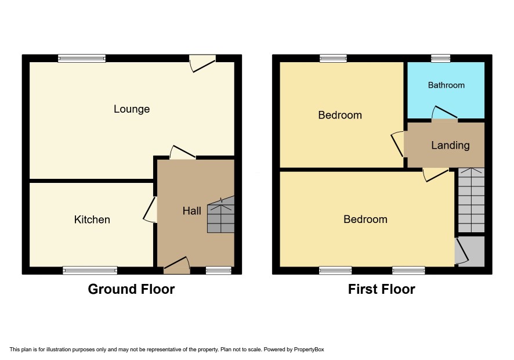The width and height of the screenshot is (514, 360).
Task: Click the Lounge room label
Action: [132, 109]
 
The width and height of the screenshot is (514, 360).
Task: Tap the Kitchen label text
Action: [92, 219]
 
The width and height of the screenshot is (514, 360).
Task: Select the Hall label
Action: [192, 211]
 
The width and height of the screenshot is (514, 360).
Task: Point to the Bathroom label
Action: [446, 85]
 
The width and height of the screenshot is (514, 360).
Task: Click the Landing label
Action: [450, 145]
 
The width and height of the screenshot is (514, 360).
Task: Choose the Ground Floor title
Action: [131, 289]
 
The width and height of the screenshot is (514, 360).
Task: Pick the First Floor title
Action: [382, 289]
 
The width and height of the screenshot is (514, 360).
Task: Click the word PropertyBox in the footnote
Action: [309, 350]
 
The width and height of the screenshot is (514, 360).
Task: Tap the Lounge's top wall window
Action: [82, 59]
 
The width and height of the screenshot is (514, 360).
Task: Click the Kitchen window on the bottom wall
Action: [90, 271]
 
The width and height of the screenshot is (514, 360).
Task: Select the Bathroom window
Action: [441, 59]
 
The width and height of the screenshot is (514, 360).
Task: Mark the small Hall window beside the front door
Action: [219, 271]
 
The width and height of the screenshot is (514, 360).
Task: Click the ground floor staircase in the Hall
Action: [221, 215]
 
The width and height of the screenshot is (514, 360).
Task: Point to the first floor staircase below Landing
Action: [471, 200]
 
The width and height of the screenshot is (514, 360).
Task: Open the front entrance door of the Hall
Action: [177, 265]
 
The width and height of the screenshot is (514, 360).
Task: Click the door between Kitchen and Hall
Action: [150, 210]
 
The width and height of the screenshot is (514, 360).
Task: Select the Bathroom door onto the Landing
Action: [444, 113]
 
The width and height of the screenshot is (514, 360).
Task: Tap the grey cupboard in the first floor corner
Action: [469, 251]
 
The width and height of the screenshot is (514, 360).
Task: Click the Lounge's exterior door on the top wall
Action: [202, 63]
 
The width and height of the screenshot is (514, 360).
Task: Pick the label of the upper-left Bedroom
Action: [340, 115]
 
